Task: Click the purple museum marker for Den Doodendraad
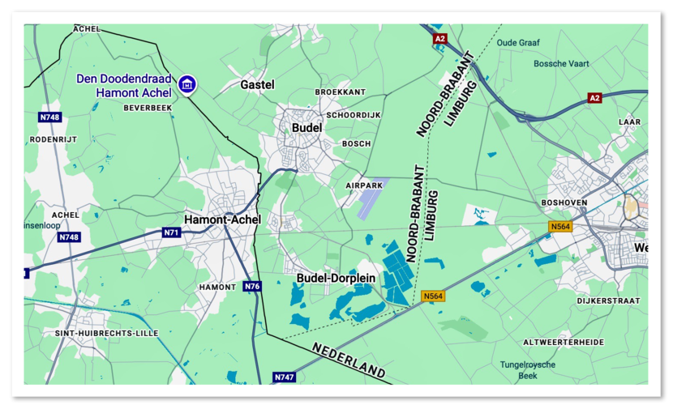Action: tap(186, 83)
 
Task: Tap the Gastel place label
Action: tap(257, 84)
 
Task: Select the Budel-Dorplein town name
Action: tap(336, 278)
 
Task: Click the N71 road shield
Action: tap(171, 232)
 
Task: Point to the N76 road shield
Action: tap(252, 287)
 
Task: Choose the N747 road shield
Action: tap(284, 377)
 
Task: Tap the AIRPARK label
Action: tap(362, 185)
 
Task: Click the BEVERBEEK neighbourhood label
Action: tap(148, 108)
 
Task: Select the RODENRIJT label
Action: tap(53, 138)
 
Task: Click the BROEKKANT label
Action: tap(341, 92)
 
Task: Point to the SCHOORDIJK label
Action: tap(354, 116)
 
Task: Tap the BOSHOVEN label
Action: tap(563, 202)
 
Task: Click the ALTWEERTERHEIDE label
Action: tap(564, 343)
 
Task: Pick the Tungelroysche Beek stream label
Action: tap(528, 370)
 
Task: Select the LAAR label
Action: tap(628, 122)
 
